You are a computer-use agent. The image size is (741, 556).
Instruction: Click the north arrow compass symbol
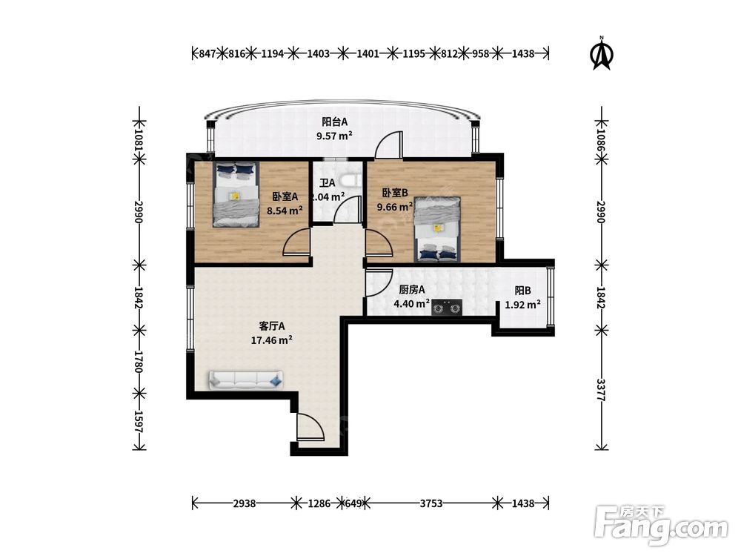tap(602, 53)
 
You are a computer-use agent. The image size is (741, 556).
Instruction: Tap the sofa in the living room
tap(246, 380)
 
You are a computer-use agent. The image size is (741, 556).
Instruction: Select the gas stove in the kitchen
tap(447, 308)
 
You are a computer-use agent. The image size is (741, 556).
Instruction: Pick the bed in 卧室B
tap(438, 229)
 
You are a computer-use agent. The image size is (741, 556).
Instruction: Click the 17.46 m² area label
tap(271, 340)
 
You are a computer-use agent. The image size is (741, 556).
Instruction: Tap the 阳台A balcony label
tap(335, 122)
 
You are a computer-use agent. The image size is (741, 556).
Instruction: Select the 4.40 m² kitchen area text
tap(411, 303)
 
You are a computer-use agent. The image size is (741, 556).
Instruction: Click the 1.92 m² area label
tap(522, 305)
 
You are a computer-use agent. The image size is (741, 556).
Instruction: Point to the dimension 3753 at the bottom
tap(431, 503)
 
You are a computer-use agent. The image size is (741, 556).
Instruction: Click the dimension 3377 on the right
tap(601, 390)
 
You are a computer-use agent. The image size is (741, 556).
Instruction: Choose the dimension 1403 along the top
tap(318, 53)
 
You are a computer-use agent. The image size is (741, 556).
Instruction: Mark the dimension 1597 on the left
tap(139, 421)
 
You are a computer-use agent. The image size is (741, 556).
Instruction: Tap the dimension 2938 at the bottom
tap(245, 503)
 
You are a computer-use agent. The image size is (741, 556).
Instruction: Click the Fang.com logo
tap(661, 526)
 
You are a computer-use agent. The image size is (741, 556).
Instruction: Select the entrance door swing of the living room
tap(310, 428)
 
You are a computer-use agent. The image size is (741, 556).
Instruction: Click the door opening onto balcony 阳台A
tap(389, 144)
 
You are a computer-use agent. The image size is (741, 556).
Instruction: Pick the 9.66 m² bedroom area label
tap(395, 207)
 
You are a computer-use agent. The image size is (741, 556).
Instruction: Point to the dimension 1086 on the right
tap(601, 134)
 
